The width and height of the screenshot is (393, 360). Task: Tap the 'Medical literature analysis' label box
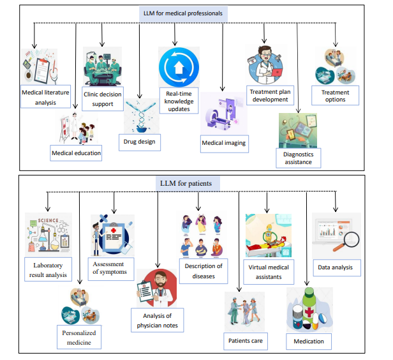point(46,98)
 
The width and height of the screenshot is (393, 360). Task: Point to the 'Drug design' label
point(139,139)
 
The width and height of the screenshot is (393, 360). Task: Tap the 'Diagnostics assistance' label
point(297,158)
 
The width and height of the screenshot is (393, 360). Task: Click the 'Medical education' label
point(77,153)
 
